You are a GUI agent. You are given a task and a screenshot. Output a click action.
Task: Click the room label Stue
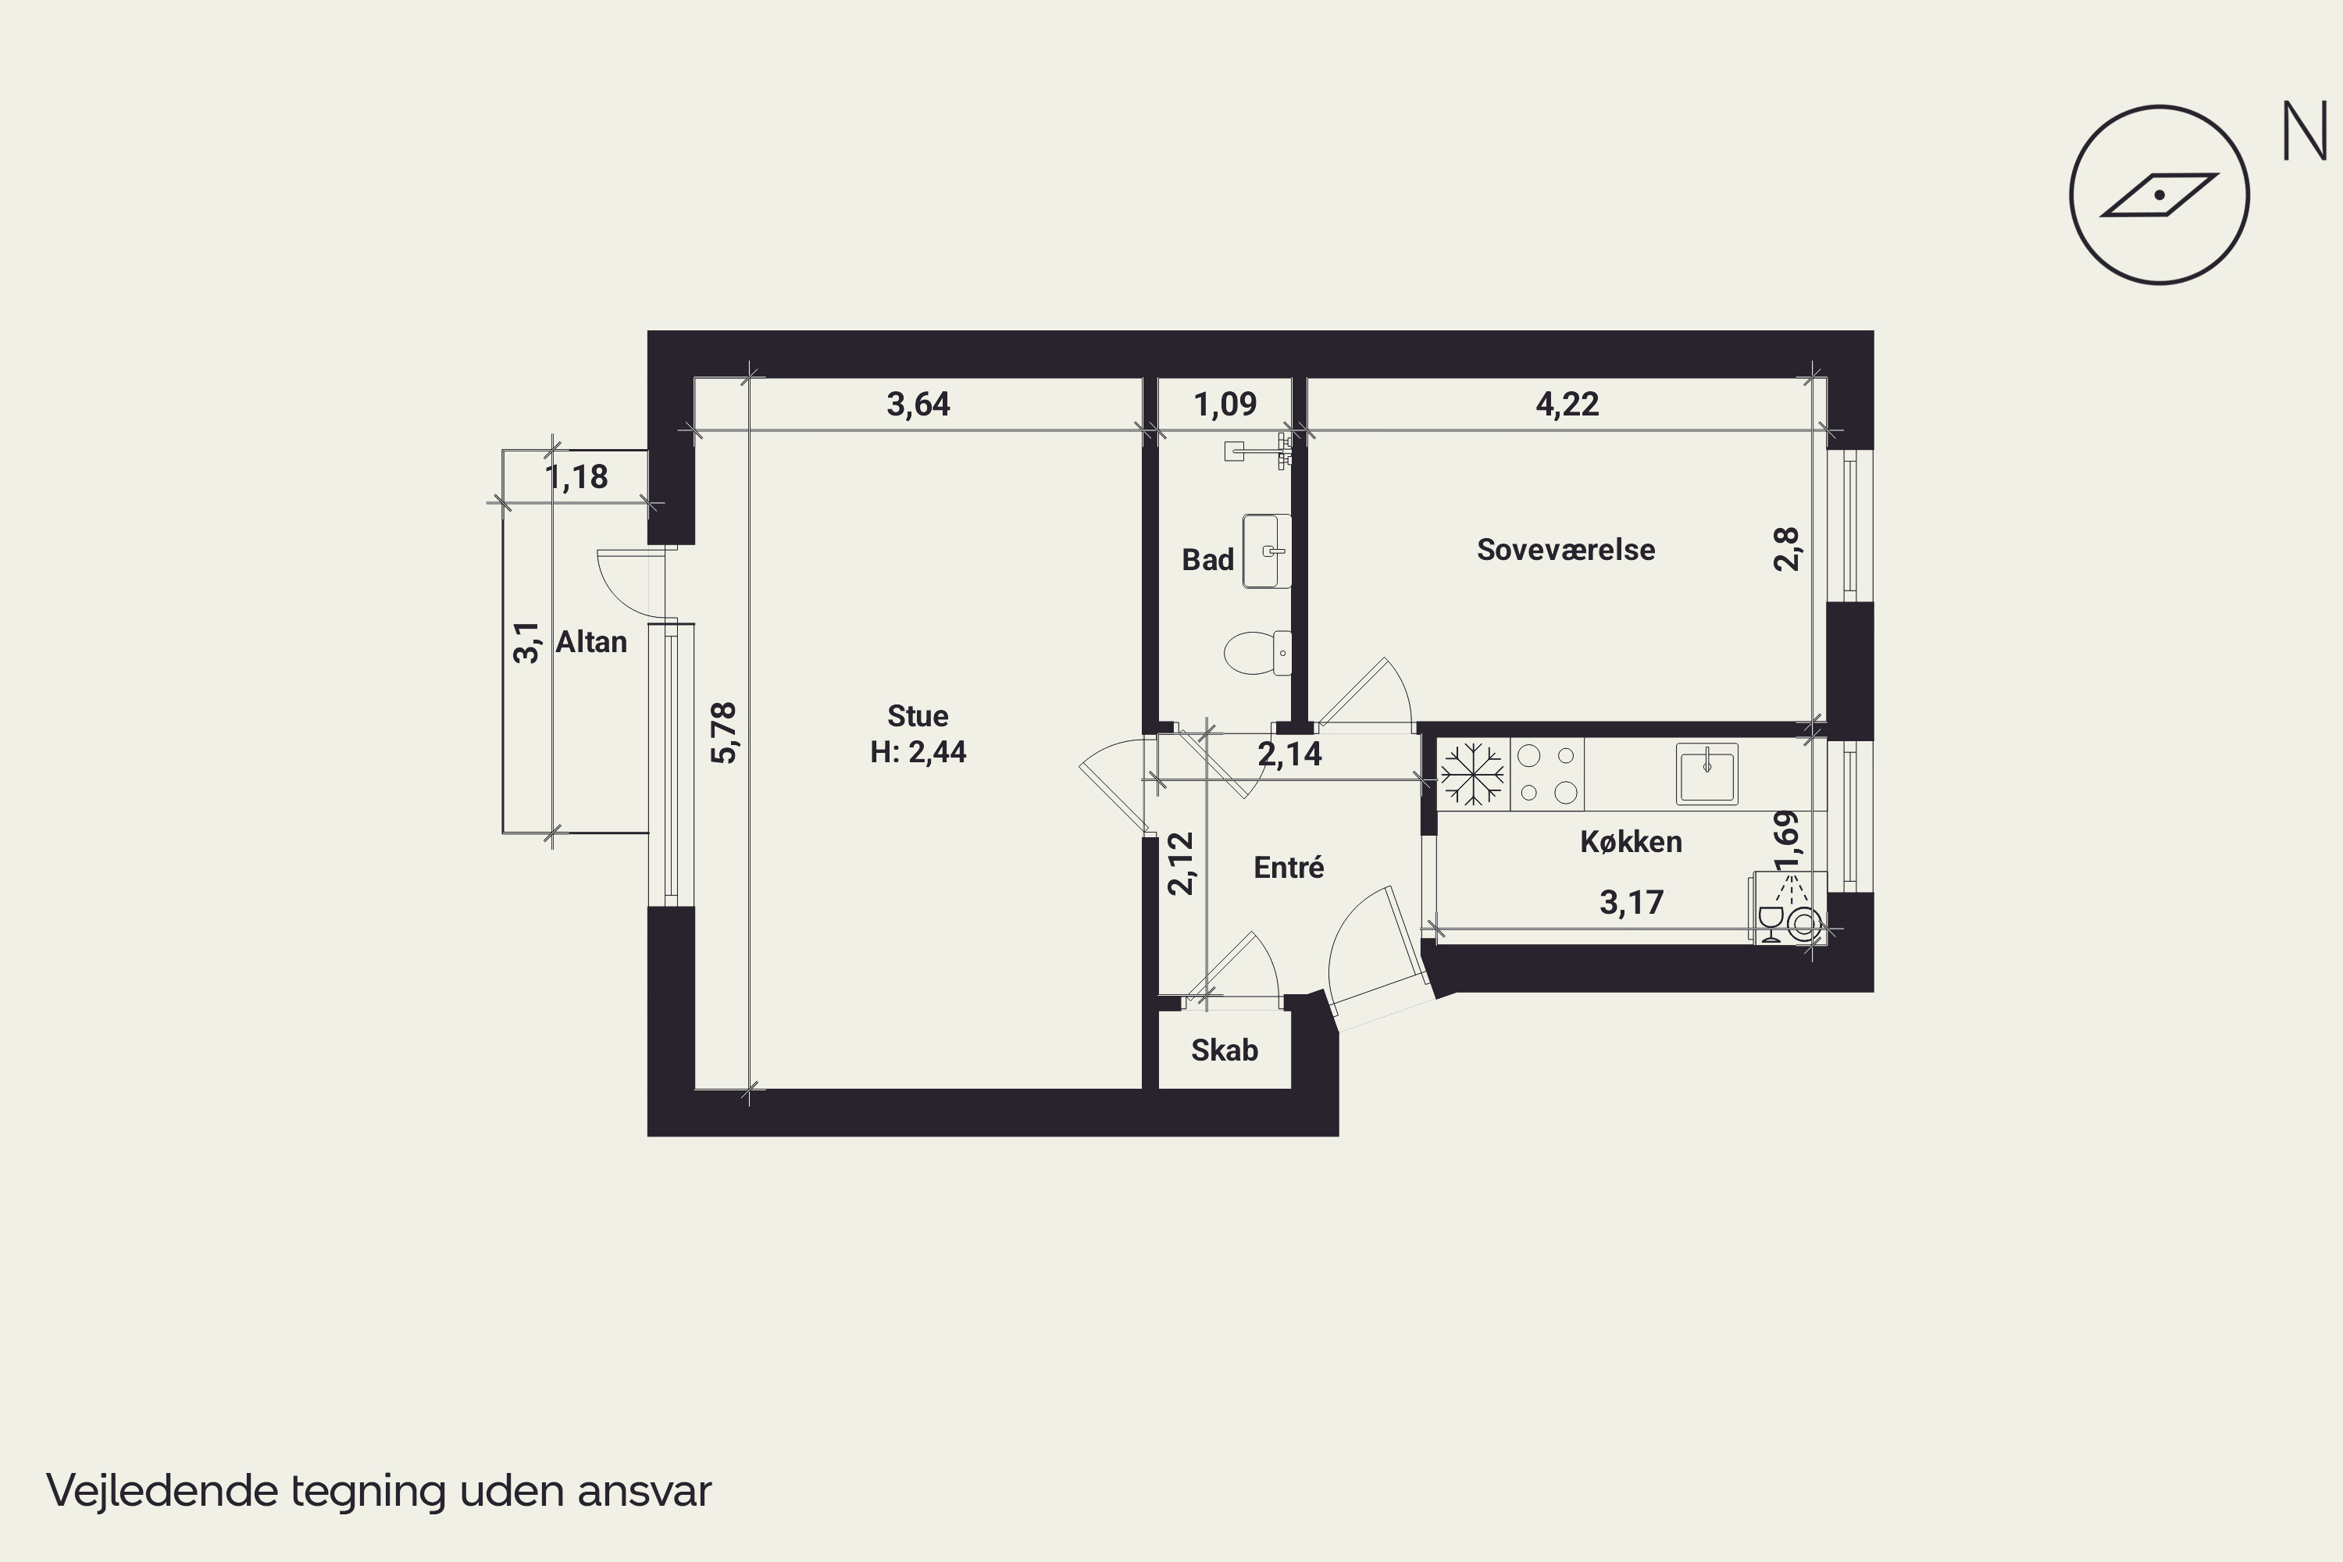[918, 715]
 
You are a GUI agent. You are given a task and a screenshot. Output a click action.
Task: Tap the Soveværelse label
[1566, 549]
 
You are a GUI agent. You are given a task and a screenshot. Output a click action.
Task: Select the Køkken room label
[1631, 841]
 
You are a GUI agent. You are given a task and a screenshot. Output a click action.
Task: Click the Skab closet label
[1225, 1049]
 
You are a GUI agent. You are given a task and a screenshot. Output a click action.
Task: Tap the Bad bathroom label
[1207, 559]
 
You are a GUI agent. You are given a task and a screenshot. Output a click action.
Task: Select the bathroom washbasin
[1267, 551]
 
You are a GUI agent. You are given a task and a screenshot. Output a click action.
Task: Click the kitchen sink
[1706, 773]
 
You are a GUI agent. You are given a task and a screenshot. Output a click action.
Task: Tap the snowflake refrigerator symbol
[1472, 773]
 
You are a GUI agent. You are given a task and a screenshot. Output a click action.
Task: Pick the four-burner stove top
[1547, 773]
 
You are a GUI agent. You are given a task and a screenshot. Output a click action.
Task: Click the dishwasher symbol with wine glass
[1790, 908]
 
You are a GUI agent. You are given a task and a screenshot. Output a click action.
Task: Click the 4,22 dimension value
[1567, 404]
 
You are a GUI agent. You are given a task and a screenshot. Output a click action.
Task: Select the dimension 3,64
[918, 404]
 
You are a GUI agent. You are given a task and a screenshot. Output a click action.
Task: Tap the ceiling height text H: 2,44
[918, 751]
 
